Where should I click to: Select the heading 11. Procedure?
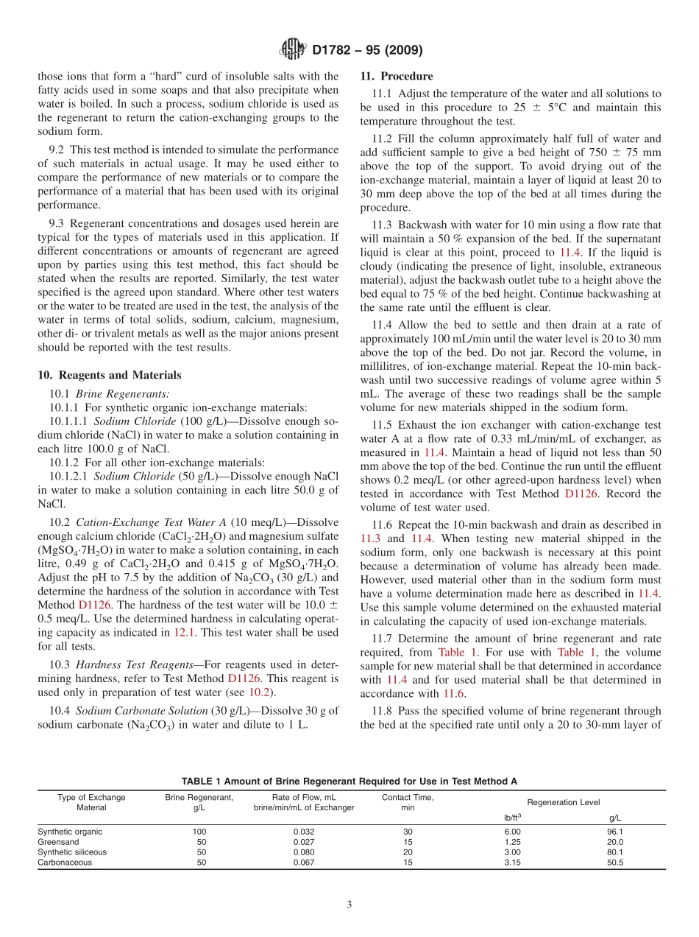click(397, 77)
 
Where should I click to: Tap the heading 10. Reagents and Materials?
click(109, 375)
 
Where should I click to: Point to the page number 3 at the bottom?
click(349, 905)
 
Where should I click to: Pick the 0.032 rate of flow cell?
click(303, 832)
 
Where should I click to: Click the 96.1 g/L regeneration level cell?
click(615, 832)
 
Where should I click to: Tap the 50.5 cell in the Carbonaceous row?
click(615, 863)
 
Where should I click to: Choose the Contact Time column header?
click(408, 802)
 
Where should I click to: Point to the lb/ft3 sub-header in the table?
click(512, 817)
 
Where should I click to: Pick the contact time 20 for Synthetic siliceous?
click(408, 852)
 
